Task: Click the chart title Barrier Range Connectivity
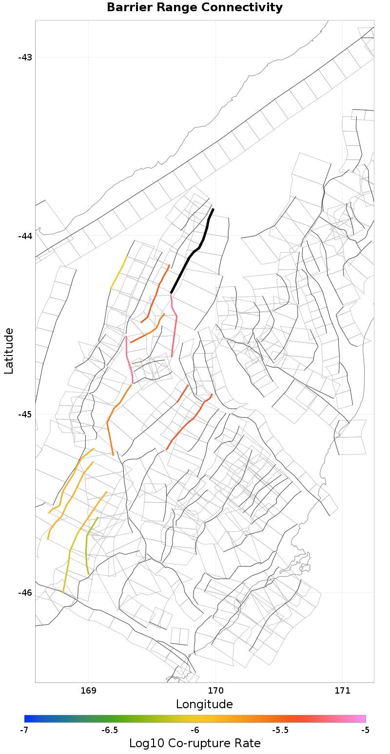pyautogui.click(x=195, y=8)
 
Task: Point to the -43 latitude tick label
pyautogui.click(x=25, y=57)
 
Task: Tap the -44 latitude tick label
pyautogui.click(x=25, y=236)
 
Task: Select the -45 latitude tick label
pyautogui.click(x=25, y=415)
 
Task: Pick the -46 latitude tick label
pyautogui.click(x=25, y=593)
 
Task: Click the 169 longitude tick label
pyautogui.click(x=88, y=691)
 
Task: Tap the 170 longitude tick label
pyautogui.click(x=215, y=691)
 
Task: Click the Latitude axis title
pyautogui.click(x=9, y=351)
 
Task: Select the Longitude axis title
pyautogui.click(x=204, y=704)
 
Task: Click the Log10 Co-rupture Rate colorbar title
pyautogui.click(x=195, y=743)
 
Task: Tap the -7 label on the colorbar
pyautogui.click(x=24, y=730)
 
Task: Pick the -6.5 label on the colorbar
pyautogui.click(x=109, y=730)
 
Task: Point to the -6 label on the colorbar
pyautogui.click(x=195, y=730)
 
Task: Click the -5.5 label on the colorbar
pyautogui.click(x=280, y=730)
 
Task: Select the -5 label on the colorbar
pyautogui.click(x=365, y=730)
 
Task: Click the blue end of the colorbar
pyautogui.click(x=27, y=718)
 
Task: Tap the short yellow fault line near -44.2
pyautogui.click(x=118, y=273)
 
